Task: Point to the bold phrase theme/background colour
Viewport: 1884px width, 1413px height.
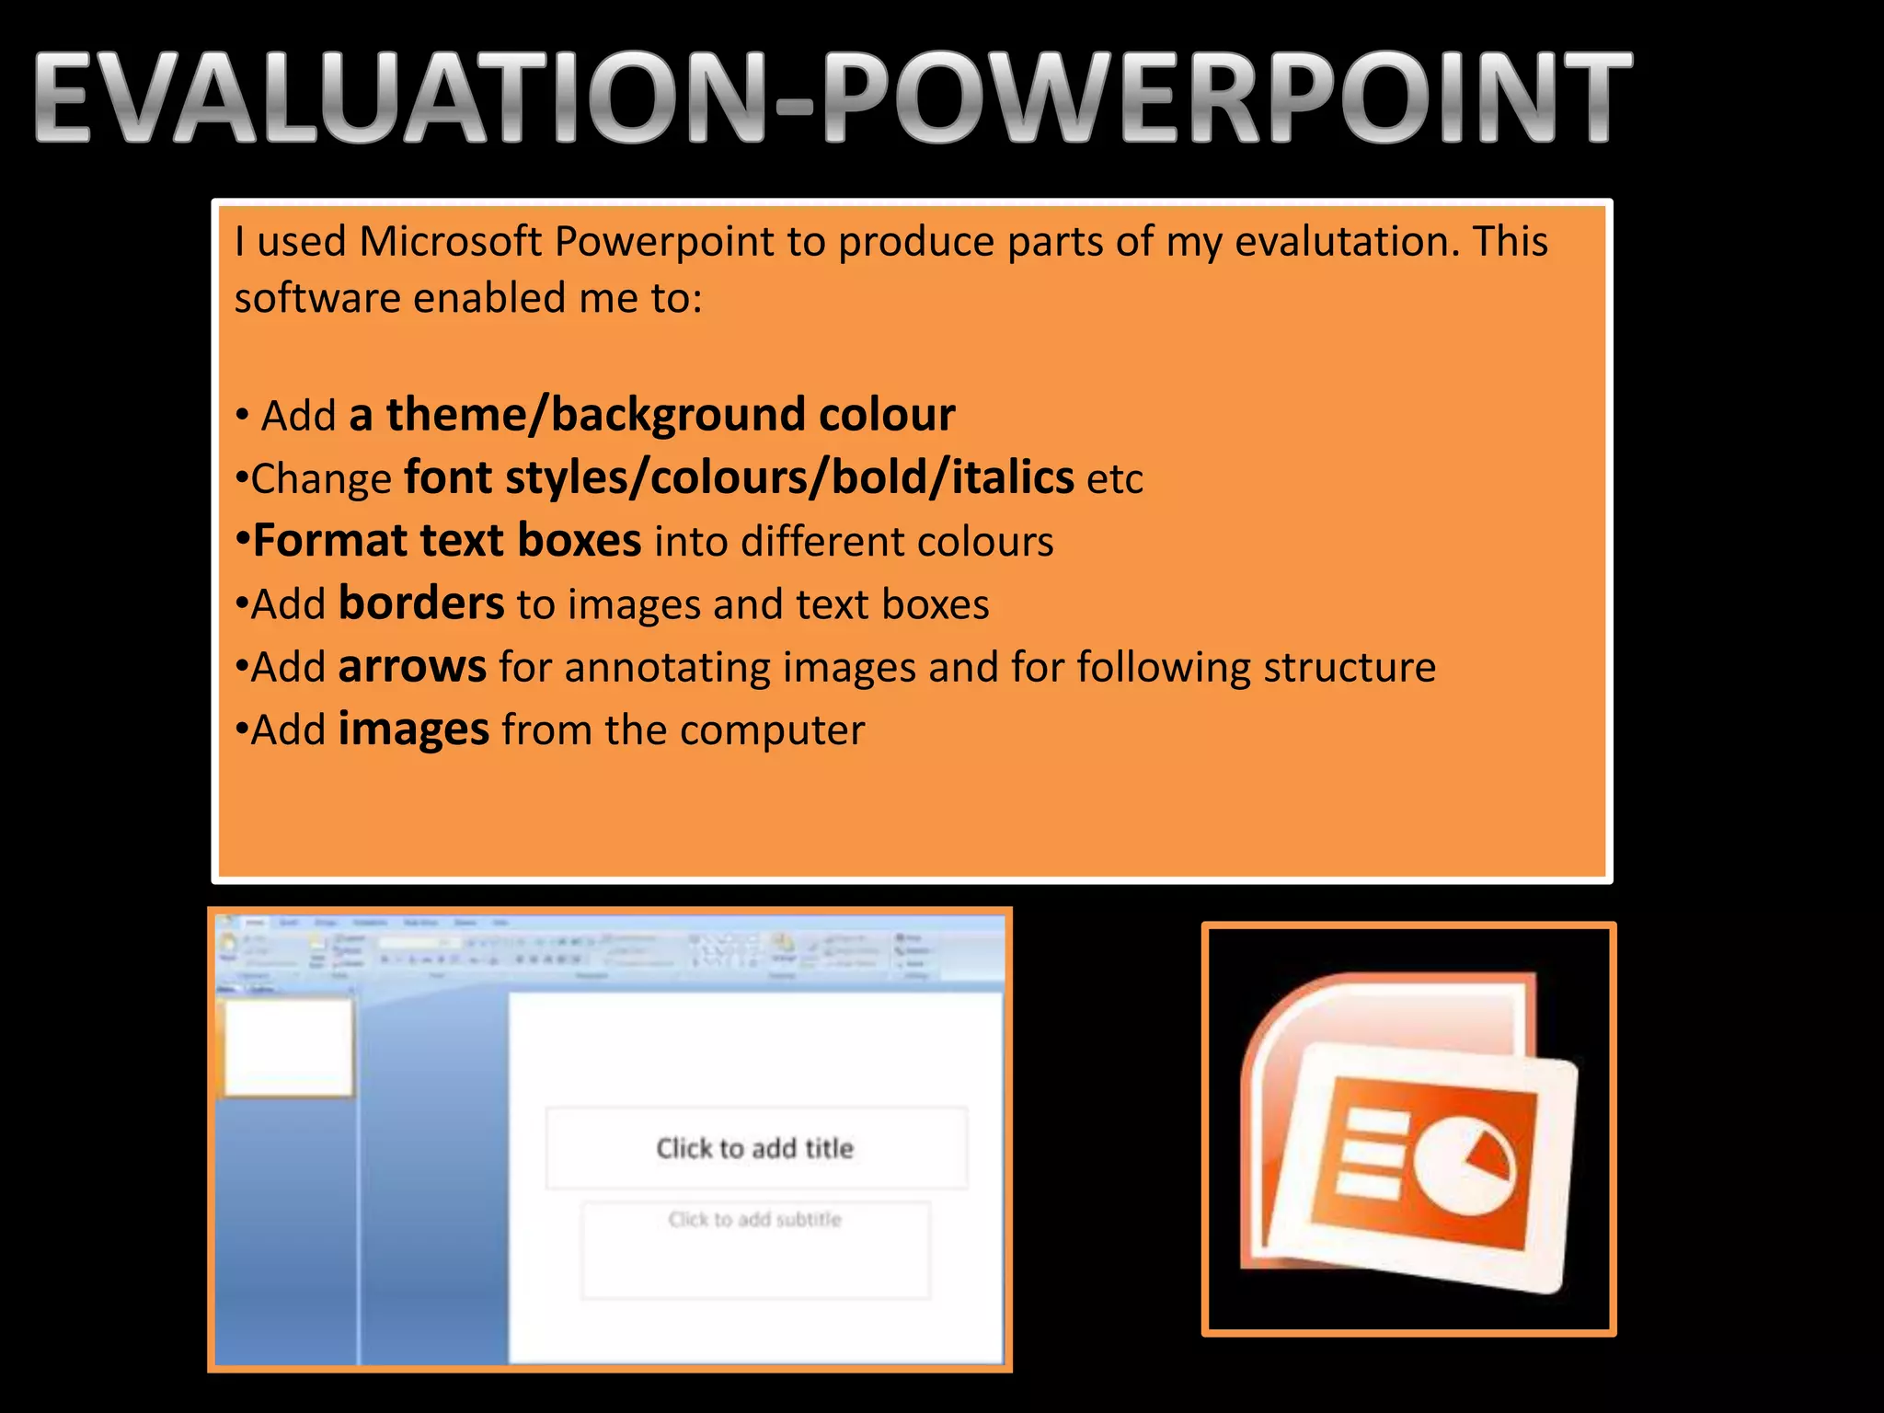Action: coord(652,415)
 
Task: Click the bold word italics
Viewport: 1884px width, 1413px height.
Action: coord(1012,477)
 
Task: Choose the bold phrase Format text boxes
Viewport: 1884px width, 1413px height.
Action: coord(447,540)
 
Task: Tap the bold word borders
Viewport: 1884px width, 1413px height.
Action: coord(421,603)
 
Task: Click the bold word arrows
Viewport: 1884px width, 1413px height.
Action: coord(412,667)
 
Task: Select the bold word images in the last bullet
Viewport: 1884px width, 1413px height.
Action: coord(413,729)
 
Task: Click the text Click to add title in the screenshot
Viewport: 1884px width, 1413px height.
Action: coord(754,1148)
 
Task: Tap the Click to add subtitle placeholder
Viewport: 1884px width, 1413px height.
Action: coord(754,1220)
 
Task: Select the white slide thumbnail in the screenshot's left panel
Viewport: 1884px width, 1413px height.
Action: coord(289,1048)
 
